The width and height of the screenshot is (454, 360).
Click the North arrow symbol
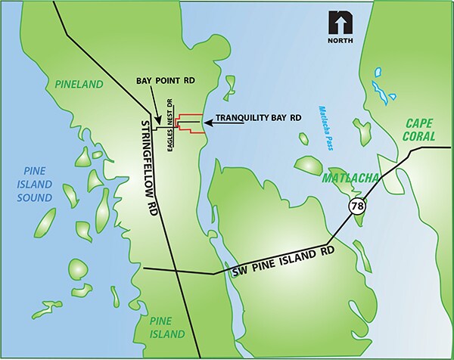pyautogui.click(x=338, y=23)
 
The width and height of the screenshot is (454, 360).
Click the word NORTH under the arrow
pyautogui.click(x=338, y=41)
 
